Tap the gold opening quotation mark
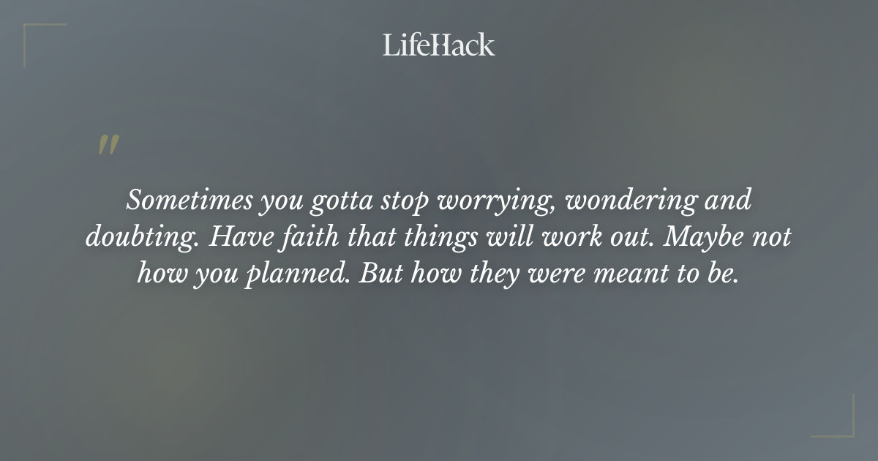[108, 145]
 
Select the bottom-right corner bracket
[843, 427]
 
